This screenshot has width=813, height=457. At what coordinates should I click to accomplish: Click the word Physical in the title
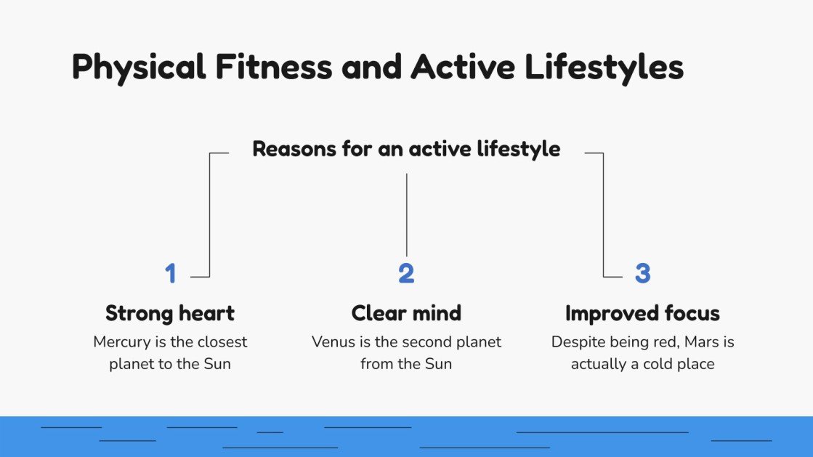(138, 68)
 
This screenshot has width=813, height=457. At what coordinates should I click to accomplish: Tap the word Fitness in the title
(274, 67)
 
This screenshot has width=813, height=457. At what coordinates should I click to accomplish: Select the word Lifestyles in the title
(604, 68)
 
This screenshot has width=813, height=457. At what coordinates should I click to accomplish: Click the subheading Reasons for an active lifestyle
(406, 149)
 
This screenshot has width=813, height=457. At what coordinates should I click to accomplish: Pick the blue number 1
(171, 274)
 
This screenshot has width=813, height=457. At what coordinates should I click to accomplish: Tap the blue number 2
(406, 274)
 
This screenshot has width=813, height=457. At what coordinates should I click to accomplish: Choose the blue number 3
(642, 274)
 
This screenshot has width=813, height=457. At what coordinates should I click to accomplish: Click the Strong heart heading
(170, 313)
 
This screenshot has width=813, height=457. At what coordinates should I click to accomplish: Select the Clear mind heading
(406, 313)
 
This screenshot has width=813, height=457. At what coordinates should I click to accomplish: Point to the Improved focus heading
(642, 313)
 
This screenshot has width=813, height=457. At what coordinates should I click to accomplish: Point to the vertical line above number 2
(406, 214)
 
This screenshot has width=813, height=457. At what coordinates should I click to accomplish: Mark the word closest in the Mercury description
(219, 341)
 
